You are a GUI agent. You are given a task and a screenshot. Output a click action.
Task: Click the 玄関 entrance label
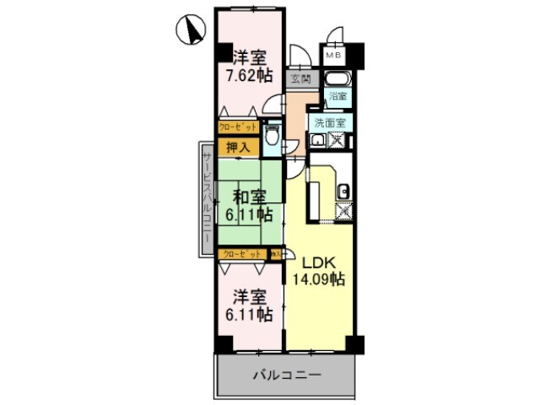click(x=300, y=79)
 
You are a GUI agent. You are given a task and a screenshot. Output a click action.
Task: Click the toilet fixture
click(x=273, y=136)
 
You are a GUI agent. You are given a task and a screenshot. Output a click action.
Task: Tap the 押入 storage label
click(x=237, y=147)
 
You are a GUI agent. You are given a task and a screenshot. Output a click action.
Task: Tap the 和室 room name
click(x=249, y=197)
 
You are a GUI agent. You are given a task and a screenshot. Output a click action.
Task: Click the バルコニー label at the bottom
click(x=283, y=372)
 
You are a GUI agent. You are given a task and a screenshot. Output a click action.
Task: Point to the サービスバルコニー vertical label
click(x=205, y=199)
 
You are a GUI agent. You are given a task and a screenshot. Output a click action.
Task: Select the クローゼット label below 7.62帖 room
click(x=237, y=127)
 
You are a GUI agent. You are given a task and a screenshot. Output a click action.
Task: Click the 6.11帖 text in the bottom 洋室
click(x=248, y=315)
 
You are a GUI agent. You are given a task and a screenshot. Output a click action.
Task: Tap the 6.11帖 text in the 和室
click(x=249, y=214)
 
